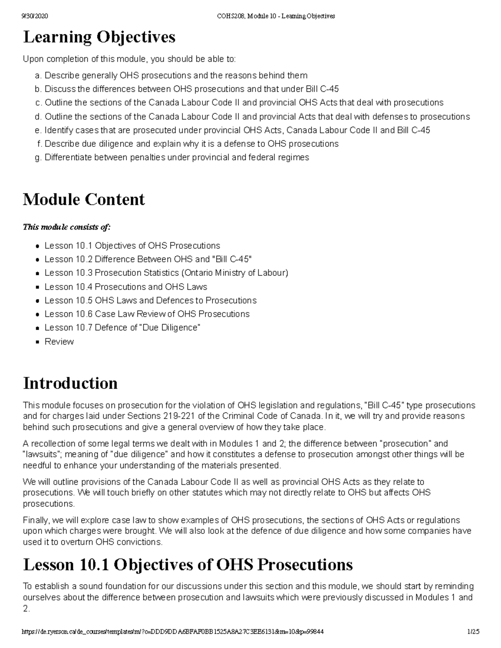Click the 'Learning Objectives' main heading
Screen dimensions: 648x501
pos(99,37)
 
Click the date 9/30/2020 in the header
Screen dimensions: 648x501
pos(35,16)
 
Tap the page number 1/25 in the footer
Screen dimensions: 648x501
pos(473,632)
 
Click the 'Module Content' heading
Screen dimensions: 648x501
pos(83,199)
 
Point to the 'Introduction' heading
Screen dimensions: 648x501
pos(70,383)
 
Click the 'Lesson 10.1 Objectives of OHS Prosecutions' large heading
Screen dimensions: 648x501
pos(188,565)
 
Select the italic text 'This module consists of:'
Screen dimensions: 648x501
pos(67,227)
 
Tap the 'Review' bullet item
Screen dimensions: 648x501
pos(59,341)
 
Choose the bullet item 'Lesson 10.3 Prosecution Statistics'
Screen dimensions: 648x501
pos(166,273)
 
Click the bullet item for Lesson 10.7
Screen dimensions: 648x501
pos(122,328)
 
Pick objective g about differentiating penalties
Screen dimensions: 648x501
pos(177,157)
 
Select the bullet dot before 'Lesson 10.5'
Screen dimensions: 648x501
pos(37,300)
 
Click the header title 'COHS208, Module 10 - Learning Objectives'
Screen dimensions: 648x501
pos(276,16)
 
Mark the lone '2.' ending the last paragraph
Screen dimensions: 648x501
pos(26,609)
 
